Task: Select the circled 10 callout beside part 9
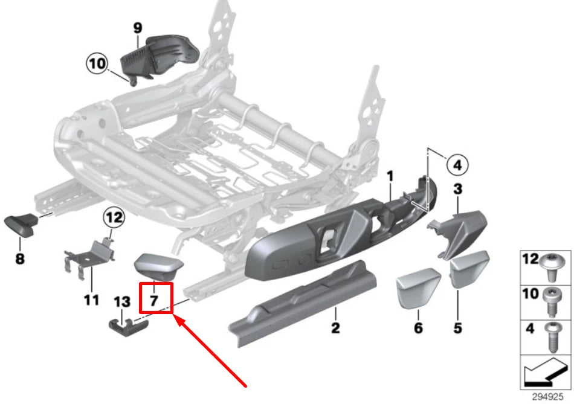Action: click(97, 63)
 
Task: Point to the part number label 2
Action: click(335, 329)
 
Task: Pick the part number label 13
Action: click(121, 301)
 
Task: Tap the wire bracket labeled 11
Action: click(88, 257)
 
